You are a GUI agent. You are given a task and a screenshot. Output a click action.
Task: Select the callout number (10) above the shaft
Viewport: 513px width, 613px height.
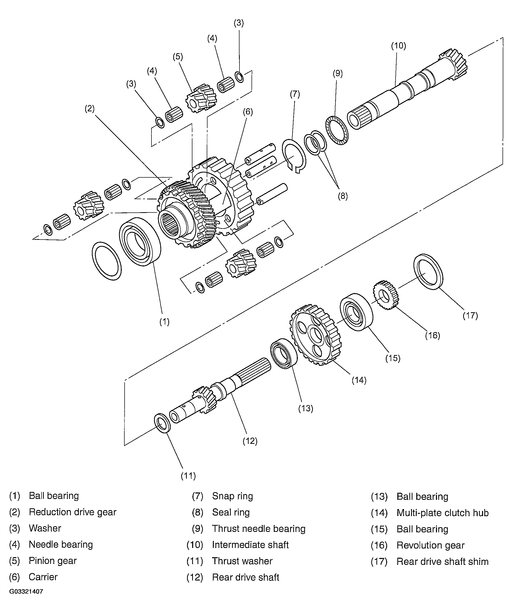(398, 46)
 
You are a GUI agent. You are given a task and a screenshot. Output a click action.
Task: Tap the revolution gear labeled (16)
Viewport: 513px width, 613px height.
(385, 295)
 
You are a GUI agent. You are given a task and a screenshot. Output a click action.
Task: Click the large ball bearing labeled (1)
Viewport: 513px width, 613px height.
(140, 242)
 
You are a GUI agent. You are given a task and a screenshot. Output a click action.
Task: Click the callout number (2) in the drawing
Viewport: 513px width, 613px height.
(90, 109)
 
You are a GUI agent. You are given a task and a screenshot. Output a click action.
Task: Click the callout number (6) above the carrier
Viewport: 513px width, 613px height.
(248, 112)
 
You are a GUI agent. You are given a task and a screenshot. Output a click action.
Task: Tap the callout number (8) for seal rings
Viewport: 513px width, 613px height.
(343, 196)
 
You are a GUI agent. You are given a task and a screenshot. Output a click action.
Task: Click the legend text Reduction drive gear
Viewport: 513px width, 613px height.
(72, 512)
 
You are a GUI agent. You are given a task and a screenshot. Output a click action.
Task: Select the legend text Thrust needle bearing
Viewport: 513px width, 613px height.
(258, 528)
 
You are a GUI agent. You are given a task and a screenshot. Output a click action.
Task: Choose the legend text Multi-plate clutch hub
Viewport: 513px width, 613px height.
(442, 513)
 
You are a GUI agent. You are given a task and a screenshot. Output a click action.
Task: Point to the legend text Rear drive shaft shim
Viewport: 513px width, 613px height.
(442, 561)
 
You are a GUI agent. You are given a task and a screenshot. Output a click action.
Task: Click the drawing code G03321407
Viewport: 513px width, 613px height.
(26, 592)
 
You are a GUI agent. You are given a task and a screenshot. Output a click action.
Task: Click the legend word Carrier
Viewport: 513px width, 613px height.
(43, 577)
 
